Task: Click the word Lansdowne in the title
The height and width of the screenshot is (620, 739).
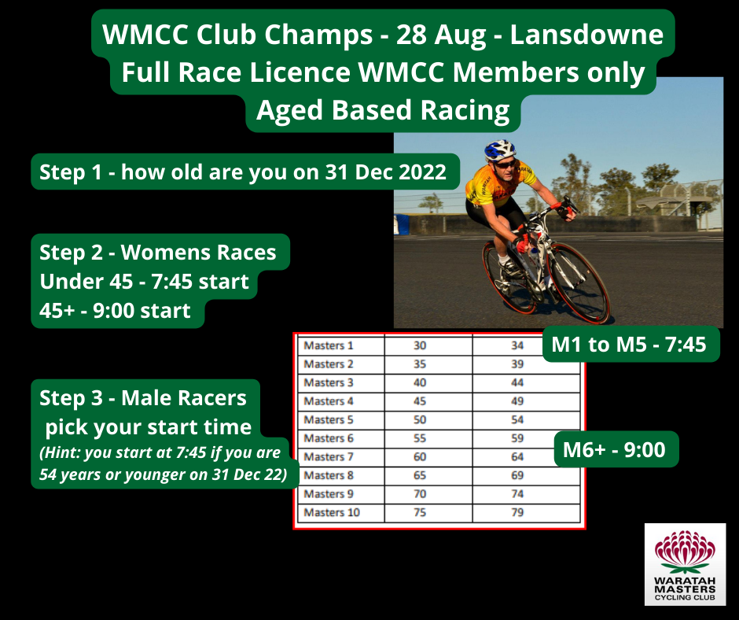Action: (x=586, y=35)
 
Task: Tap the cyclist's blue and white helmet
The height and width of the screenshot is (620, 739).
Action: (x=499, y=150)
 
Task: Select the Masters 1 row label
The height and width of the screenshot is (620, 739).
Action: (x=329, y=345)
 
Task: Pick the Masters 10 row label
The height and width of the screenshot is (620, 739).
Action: (x=332, y=512)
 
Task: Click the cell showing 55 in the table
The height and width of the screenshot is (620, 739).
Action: (x=420, y=438)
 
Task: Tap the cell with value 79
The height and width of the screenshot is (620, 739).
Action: (x=517, y=512)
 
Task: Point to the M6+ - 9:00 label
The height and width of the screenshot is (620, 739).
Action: (x=615, y=450)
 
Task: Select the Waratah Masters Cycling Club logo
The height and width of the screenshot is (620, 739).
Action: (x=686, y=564)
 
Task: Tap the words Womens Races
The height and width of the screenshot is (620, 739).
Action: (x=198, y=253)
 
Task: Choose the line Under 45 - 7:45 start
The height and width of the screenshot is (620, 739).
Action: (x=144, y=282)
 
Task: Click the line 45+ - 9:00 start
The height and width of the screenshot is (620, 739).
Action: (x=115, y=311)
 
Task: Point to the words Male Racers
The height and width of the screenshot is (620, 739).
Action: (x=184, y=398)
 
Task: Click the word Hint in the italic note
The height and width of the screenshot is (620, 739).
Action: (x=62, y=452)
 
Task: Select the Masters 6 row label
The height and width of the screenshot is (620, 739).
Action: (x=329, y=438)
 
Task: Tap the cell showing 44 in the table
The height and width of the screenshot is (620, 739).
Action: (x=517, y=382)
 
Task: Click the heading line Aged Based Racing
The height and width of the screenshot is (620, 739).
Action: (x=383, y=110)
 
